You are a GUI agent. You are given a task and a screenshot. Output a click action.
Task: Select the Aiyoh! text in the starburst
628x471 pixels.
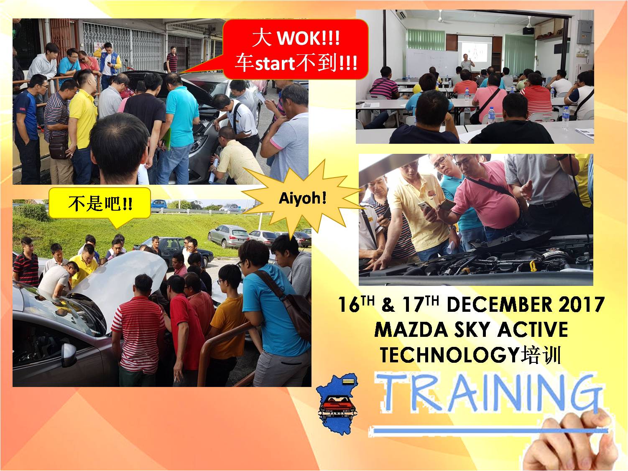(x=303, y=198)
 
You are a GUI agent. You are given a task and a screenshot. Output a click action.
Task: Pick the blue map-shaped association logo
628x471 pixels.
(x=337, y=404)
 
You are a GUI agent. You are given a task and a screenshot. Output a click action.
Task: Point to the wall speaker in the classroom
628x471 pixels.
(x=528, y=31)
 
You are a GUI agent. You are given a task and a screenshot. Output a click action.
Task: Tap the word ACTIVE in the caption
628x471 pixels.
(x=532, y=330)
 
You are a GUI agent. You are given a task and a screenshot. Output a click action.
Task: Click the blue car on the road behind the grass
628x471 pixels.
(x=158, y=204)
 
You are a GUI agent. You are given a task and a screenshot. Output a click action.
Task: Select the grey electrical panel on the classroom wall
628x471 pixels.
(x=585, y=32)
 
